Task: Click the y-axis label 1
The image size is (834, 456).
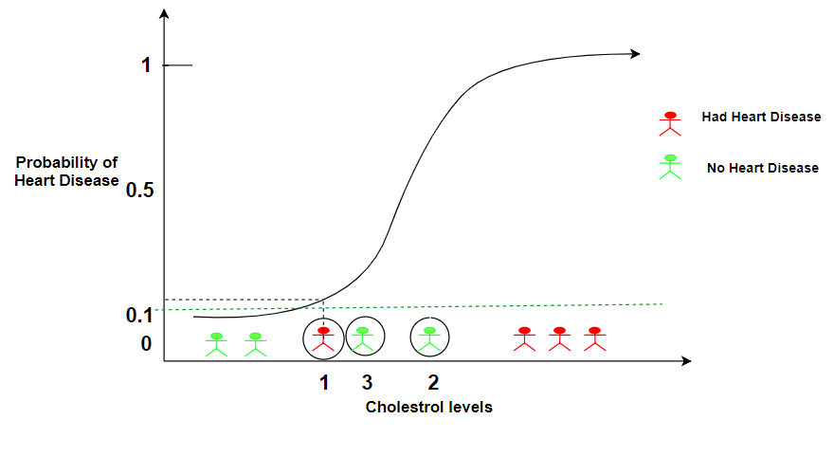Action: pos(146,65)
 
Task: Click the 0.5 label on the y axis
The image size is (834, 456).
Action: pos(139,191)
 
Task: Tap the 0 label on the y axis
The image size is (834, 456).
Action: pos(146,343)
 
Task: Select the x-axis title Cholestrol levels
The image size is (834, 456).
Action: pos(428,407)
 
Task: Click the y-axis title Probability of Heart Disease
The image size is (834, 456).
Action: pos(66,172)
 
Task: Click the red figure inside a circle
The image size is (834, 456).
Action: pos(324,338)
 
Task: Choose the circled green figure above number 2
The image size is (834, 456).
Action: pos(430,337)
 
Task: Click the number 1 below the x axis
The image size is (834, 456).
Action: pos(324,383)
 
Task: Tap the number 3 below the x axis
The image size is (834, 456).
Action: pos(366,383)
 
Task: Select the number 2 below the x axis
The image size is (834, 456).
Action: pos(433,383)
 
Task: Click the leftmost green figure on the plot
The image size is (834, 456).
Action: pos(217,343)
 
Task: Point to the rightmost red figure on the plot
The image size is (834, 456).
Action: pos(594,338)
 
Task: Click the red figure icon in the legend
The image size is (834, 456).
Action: pos(670,123)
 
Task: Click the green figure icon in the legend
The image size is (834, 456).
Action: pos(670,166)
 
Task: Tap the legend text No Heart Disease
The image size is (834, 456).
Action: pos(762,168)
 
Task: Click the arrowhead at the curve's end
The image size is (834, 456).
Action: pos(636,54)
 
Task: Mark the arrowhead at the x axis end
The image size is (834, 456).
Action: pos(686,361)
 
